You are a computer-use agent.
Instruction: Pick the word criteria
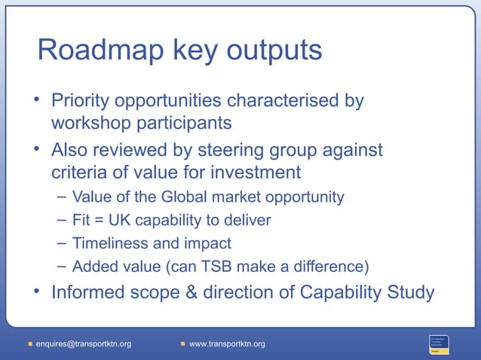(80, 172)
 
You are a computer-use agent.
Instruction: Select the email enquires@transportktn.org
(84, 344)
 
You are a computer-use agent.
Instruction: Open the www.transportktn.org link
(227, 344)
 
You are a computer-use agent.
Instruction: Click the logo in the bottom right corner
(440, 343)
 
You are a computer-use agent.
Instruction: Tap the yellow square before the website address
(183, 344)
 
